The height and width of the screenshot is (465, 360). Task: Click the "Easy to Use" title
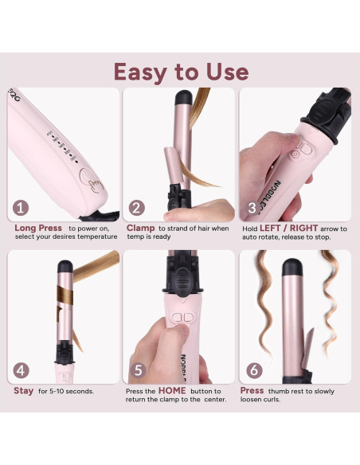point(180,71)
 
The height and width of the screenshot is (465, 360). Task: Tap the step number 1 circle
point(22,209)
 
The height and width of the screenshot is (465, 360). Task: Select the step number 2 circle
point(137,209)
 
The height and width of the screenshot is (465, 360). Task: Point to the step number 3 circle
point(252,209)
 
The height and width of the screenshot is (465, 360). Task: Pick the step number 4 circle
point(22,370)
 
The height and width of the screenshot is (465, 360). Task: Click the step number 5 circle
point(137,370)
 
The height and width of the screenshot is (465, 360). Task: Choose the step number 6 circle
point(252,370)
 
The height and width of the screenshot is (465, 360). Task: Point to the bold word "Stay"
point(24,391)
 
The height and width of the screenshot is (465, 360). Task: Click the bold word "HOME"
point(171,391)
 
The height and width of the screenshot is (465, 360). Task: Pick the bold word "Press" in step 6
point(252,391)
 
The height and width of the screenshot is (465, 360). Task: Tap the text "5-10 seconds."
point(72,392)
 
